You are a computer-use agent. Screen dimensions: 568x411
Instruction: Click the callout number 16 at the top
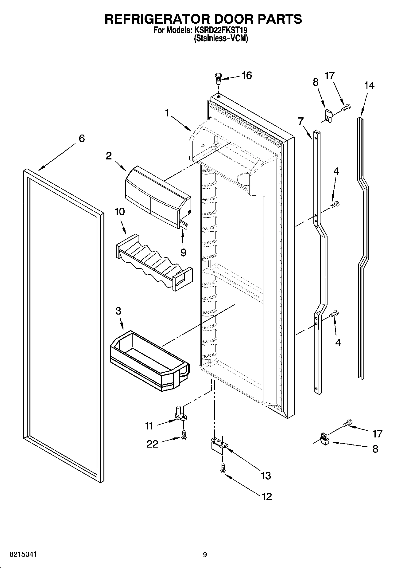point(246,76)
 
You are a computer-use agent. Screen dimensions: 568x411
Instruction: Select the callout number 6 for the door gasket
point(81,139)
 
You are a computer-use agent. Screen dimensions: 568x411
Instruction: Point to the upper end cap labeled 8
point(328,116)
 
